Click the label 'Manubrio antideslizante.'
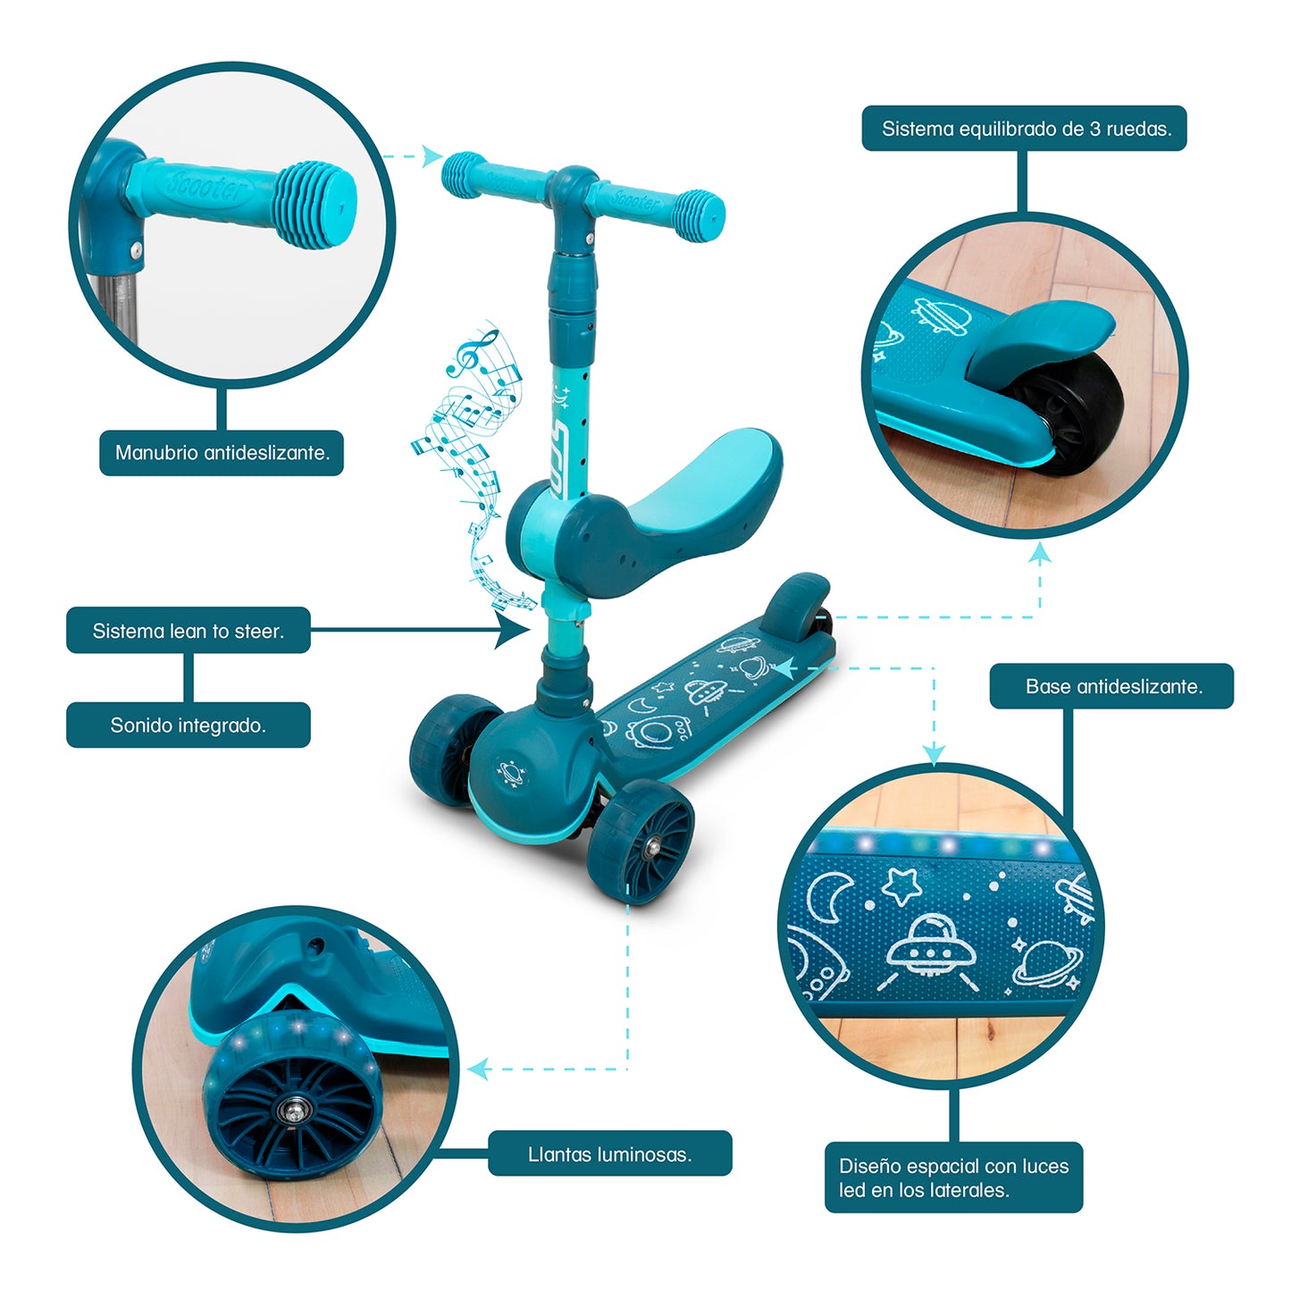[222, 453]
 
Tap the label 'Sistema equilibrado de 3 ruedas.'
[1025, 129]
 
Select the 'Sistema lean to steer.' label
[189, 631]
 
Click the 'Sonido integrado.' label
[189, 725]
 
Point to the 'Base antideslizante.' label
[1112, 686]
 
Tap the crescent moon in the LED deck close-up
[828, 897]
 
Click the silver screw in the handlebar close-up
[136, 250]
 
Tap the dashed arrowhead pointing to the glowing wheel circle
[477, 1069]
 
